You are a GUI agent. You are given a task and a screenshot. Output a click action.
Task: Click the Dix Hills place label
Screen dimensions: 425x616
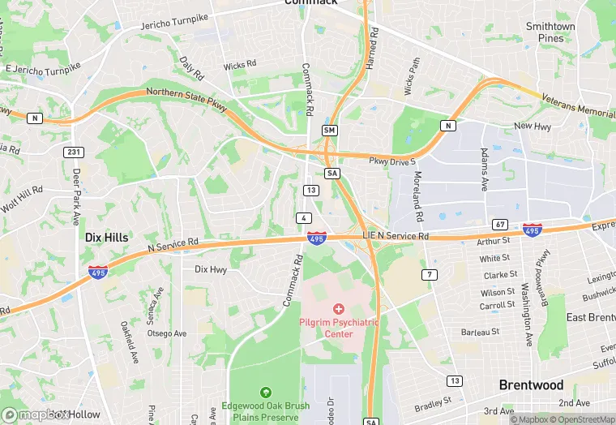(x=105, y=237)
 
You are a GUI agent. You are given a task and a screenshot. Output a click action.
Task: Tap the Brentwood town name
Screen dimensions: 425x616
(x=531, y=384)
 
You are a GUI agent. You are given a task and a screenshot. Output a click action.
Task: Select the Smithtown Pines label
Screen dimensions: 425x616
(x=550, y=32)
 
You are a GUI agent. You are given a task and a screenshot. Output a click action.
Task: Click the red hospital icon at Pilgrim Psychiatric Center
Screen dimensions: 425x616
(x=339, y=309)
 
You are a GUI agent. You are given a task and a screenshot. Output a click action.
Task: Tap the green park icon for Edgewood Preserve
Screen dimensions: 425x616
(x=264, y=393)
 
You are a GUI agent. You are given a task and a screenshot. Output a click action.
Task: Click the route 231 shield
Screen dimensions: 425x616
(x=74, y=152)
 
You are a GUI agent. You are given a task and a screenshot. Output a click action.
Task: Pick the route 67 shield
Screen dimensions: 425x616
(x=500, y=223)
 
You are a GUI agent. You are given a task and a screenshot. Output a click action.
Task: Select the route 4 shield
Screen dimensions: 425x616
(x=303, y=218)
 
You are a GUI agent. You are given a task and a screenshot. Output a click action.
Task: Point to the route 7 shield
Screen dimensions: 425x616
(x=430, y=275)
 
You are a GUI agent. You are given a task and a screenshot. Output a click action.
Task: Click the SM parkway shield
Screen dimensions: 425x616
(x=329, y=130)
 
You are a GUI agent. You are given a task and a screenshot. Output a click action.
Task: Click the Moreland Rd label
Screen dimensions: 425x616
(x=419, y=198)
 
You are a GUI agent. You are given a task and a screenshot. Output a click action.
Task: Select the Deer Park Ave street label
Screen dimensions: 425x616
(x=77, y=198)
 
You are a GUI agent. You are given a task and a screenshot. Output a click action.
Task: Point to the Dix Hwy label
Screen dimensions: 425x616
(x=211, y=269)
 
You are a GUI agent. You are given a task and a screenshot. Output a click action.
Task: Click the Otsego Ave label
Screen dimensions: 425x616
(x=167, y=333)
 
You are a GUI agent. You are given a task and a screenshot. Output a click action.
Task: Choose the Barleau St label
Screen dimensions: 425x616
(x=480, y=332)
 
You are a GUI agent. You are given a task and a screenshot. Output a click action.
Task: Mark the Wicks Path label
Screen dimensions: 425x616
(x=413, y=75)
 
